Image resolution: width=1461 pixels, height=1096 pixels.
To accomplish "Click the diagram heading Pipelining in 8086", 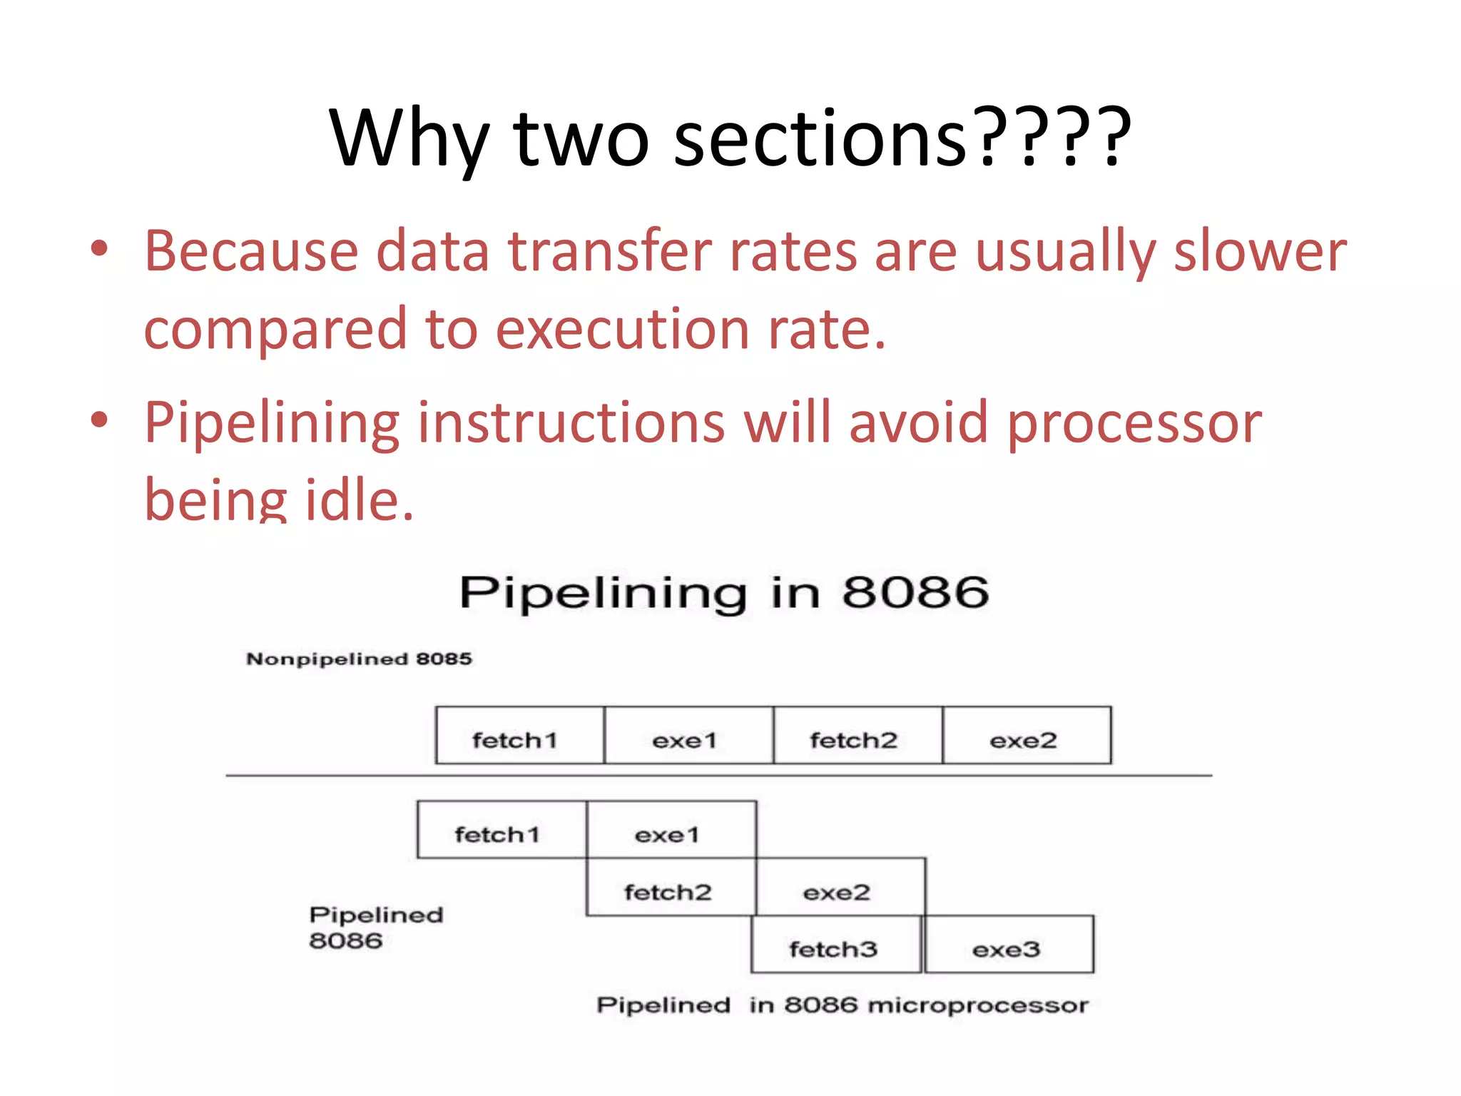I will click(723, 592).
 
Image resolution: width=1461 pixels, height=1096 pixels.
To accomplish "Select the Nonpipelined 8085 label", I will click(359, 659).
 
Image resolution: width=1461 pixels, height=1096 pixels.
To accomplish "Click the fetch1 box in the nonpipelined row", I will click(520, 736).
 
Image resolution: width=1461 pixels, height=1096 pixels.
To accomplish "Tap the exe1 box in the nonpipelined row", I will click(688, 736).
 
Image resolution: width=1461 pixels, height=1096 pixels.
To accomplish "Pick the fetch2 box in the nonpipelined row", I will click(857, 736).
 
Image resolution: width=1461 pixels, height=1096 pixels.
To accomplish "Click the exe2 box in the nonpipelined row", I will click(1027, 736).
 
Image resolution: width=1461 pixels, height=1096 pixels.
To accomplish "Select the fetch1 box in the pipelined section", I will click(502, 830).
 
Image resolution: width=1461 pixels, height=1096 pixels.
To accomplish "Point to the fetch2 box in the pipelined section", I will click(671, 888).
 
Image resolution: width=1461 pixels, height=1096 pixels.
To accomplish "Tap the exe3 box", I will click(1009, 945).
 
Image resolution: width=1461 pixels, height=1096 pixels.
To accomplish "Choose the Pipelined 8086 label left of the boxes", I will click(376, 928).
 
